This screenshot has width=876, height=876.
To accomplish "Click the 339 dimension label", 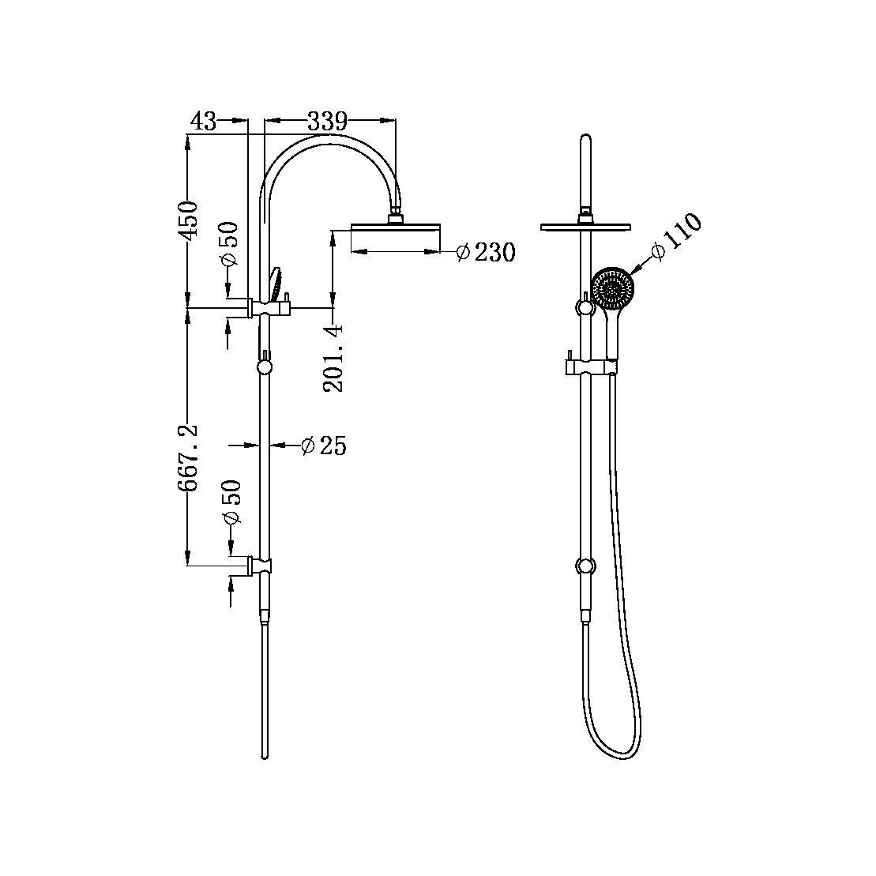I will [x=327, y=122].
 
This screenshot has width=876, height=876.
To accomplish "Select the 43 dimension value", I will [x=203, y=121].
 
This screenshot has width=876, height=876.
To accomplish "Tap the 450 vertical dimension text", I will [x=188, y=220].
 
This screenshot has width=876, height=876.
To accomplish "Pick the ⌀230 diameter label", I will [x=486, y=253].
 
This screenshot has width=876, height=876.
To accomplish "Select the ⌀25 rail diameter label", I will [x=324, y=446].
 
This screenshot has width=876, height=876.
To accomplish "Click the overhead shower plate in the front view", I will [x=585, y=227].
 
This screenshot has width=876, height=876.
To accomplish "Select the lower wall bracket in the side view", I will [x=261, y=565].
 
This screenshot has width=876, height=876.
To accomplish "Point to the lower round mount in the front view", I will [x=586, y=566].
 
